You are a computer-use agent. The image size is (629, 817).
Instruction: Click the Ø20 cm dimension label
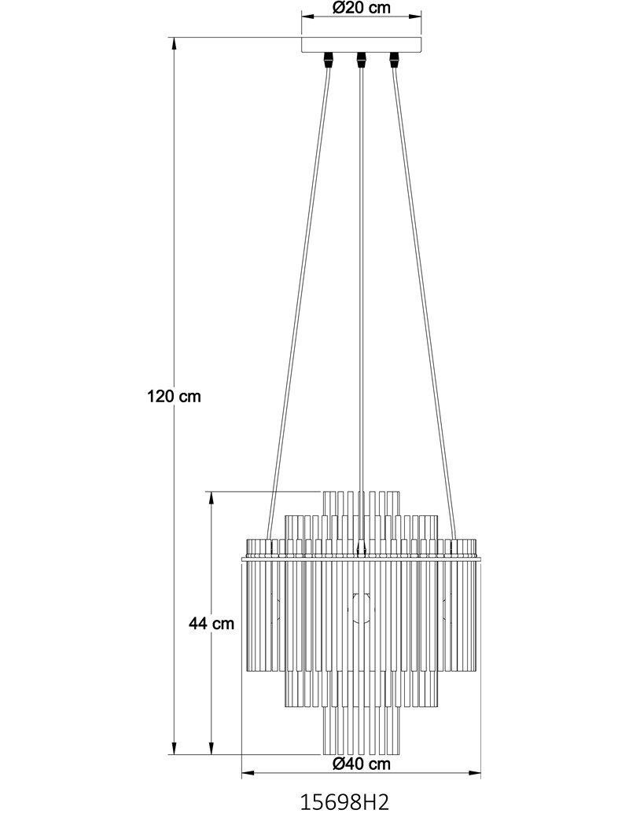click(361, 8)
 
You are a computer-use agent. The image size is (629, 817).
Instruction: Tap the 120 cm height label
click(174, 397)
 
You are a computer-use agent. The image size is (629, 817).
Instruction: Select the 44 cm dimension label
click(212, 624)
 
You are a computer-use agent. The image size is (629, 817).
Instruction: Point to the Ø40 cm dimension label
click(361, 764)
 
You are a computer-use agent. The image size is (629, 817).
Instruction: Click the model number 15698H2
click(344, 801)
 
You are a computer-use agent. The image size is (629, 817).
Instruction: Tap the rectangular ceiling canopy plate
click(361, 44)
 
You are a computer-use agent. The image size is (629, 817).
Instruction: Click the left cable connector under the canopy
click(328, 60)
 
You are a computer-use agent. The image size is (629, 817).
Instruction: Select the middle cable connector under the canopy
click(360, 60)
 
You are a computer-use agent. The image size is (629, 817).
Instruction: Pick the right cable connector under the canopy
click(394, 60)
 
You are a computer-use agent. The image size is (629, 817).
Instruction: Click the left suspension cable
click(298, 303)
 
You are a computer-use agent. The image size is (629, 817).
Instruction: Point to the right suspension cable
click(424, 303)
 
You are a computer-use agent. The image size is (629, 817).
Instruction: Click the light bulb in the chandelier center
click(360, 609)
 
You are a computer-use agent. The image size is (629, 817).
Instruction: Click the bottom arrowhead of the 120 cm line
click(174, 748)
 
